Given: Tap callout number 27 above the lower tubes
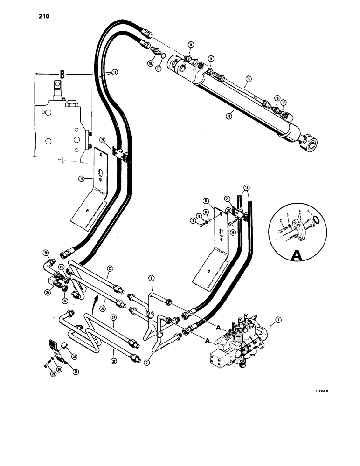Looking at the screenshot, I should click(x=112, y=318).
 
